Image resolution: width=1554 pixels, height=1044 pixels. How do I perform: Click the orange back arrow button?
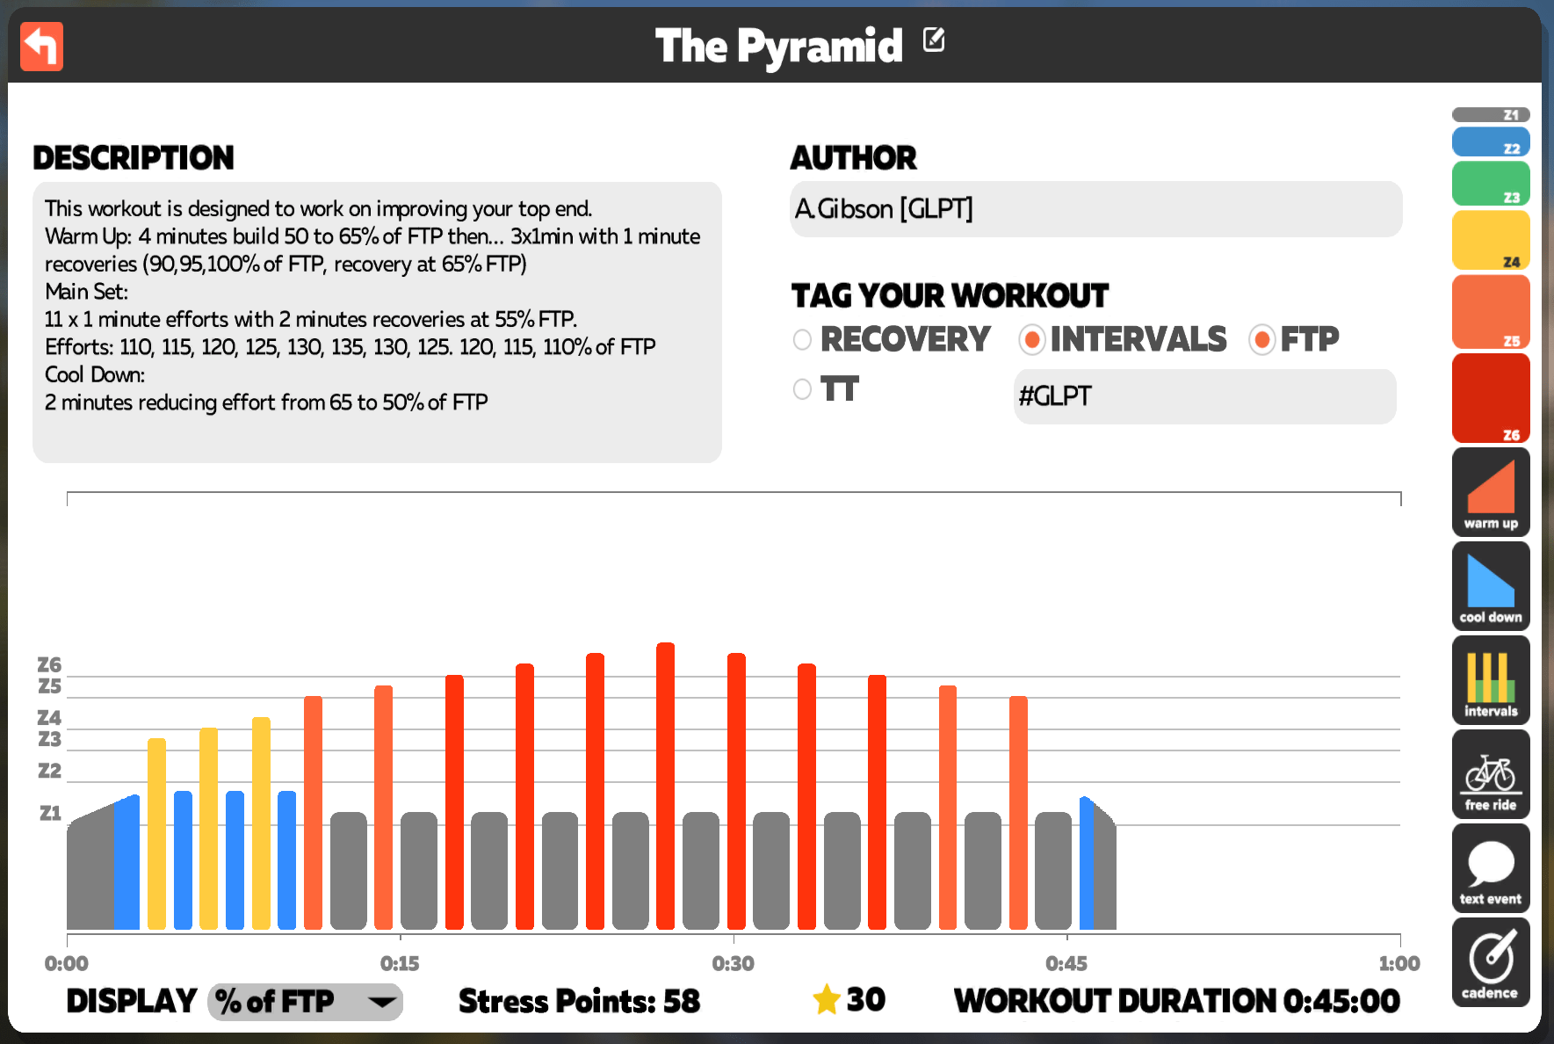click(x=41, y=47)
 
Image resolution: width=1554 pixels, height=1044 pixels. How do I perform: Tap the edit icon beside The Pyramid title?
click(x=934, y=40)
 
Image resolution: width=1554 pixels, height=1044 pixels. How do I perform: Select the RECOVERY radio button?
click(x=802, y=340)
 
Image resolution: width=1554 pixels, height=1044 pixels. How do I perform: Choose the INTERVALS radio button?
click(x=1032, y=340)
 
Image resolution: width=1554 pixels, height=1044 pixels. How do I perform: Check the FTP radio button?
click(x=1262, y=340)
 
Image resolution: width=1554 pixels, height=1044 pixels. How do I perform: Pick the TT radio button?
click(x=802, y=389)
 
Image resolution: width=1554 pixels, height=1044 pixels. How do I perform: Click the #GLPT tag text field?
click(x=1204, y=396)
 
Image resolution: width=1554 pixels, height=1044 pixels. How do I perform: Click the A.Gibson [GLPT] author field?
click(x=1095, y=209)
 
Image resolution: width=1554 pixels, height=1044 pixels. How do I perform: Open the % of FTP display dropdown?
click(x=305, y=1002)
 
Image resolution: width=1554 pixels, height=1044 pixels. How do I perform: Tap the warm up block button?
click(x=1491, y=492)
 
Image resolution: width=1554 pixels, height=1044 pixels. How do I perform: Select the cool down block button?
click(x=1491, y=586)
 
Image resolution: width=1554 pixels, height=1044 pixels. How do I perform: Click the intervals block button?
click(x=1491, y=680)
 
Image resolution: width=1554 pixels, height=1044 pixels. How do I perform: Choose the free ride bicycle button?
click(x=1491, y=774)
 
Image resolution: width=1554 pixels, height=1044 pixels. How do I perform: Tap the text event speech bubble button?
click(x=1491, y=868)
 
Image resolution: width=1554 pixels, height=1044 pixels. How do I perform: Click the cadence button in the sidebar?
click(x=1491, y=962)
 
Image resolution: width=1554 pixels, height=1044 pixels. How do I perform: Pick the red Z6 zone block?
click(x=1491, y=398)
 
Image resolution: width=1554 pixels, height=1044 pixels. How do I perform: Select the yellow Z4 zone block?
click(x=1491, y=240)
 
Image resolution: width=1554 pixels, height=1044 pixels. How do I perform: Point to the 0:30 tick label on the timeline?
click(x=734, y=964)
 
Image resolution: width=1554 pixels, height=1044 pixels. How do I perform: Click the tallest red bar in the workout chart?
click(x=666, y=786)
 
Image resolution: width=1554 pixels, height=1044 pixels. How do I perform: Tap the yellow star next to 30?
click(x=827, y=999)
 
